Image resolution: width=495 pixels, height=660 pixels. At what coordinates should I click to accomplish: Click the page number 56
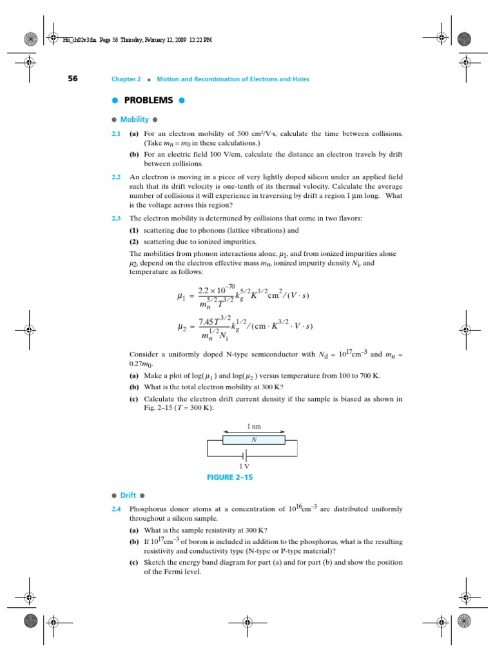point(73,79)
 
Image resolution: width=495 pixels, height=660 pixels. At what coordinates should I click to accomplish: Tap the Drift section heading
point(128,495)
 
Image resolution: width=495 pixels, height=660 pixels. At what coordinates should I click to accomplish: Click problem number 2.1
point(116,133)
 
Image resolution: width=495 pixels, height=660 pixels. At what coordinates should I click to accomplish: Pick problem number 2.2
point(116,176)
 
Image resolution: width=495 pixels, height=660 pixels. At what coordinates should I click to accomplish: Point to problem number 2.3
point(116,218)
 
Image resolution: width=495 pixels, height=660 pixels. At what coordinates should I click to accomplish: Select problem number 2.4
point(116,509)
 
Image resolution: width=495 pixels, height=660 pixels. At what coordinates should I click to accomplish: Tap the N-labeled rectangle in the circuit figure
point(253,440)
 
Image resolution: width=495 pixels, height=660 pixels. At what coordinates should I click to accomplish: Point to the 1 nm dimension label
point(253,427)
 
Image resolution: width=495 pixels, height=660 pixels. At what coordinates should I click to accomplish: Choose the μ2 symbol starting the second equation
point(181,326)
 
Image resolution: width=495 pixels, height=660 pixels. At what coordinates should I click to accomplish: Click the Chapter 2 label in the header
point(126,79)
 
